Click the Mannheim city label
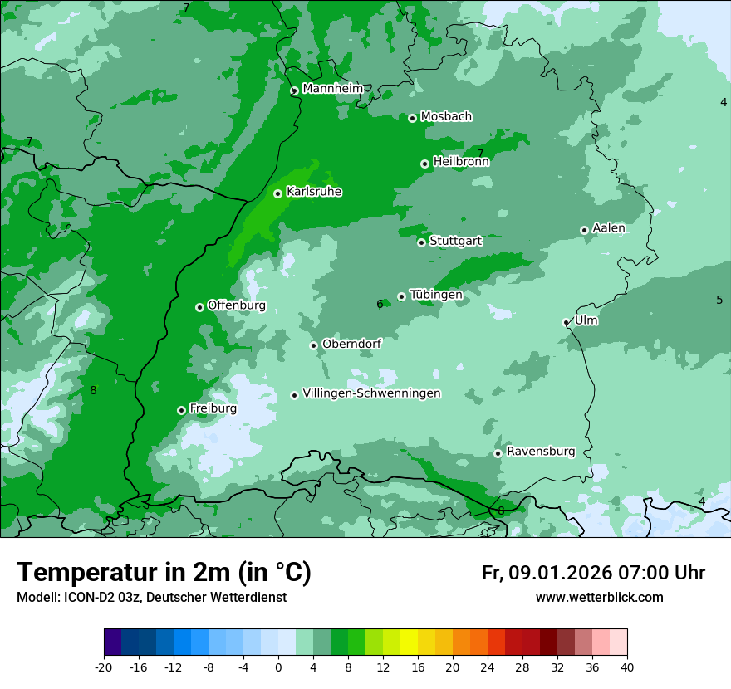(x=332, y=89)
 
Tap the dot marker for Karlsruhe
(x=278, y=193)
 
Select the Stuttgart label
(x=455, y=241)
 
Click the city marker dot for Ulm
(x=567, y=322)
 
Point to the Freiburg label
(x=213, y=408)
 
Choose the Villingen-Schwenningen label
(x=371, y=393)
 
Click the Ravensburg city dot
(x=498, y=453)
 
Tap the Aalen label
(x=608, y=228)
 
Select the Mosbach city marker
(x=412, y=118)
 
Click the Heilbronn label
(x=461, y=162)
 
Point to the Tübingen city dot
(x=402, y=296)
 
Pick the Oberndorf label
(x=351, y=344)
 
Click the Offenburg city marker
(x=199, y=307)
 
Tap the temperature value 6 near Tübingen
(x=380, y=305)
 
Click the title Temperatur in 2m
(x=164, y=573)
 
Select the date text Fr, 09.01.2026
(x=546, y=573)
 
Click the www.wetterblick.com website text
(x=599, y=598)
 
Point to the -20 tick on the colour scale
(x=104, y=667)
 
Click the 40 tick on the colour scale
(x=626, y=667)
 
